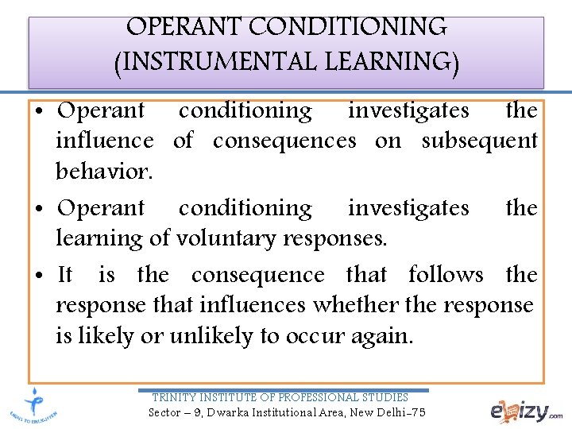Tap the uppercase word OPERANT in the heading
[x=184, y=26]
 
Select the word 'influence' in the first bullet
[x=105, y=141]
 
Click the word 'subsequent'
[x=479, y=141]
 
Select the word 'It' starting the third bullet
[x=65, y=275]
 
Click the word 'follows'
[x=446, y=275]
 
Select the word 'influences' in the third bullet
[x=253, y=305]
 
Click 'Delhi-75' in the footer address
[x=401, y=412]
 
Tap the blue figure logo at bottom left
[x=34, y=405]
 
